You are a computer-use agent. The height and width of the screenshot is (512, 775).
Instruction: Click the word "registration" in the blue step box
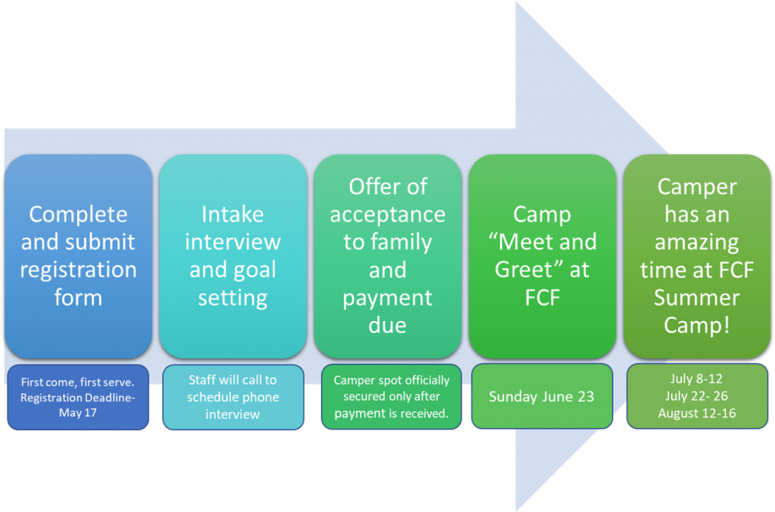78,270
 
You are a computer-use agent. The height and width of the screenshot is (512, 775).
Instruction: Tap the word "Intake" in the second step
232,214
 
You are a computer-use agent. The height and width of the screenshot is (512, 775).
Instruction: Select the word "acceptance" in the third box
387,214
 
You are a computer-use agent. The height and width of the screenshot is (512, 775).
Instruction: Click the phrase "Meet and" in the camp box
542,242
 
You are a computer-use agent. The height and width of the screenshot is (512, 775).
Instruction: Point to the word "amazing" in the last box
696,242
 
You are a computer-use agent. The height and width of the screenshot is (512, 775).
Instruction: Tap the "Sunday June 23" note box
542,397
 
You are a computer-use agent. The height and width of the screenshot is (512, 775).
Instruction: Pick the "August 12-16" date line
696,413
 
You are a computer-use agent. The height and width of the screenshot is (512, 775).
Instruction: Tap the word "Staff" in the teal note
203,381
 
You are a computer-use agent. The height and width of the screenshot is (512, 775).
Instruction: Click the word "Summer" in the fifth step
696,297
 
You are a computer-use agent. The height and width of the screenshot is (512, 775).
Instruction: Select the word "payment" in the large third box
387,297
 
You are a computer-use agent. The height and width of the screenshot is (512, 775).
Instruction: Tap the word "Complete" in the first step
78,214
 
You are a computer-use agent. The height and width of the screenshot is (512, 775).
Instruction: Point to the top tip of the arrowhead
517,3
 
